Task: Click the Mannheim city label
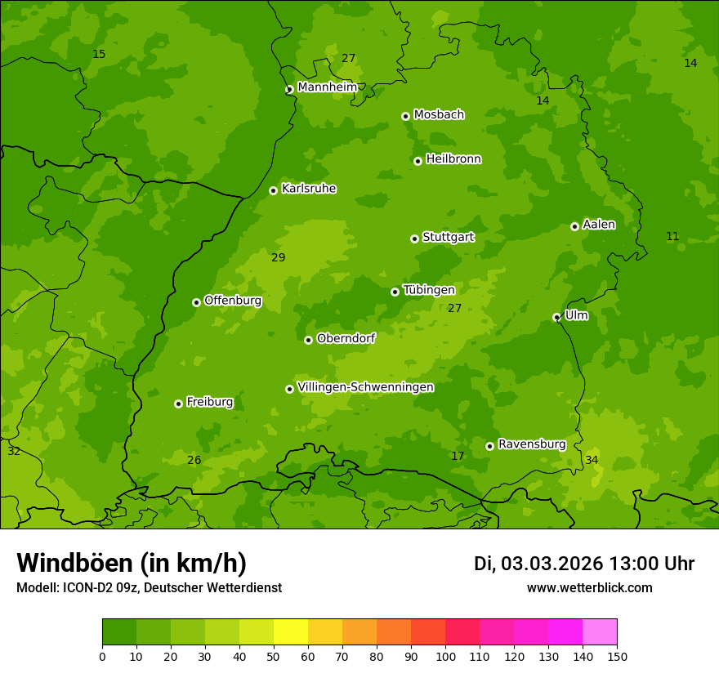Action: (327, 87)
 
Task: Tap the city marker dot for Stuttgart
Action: (414, 239)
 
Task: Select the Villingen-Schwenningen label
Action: (365, 387)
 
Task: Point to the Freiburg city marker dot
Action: (178, 404)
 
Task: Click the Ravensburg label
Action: (532, 444)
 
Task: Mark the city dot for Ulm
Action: (556, 317)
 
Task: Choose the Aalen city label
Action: (599, 225)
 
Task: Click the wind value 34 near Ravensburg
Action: (592, 461)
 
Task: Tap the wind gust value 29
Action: (279, 258)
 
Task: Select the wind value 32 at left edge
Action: (14, 452)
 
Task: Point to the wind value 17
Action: (458, 456)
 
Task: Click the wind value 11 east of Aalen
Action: (672, 237)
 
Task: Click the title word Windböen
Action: (75, 563)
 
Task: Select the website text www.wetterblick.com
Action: (589, 588)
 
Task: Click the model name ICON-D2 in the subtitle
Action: (90, 588)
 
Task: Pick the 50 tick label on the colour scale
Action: (274, 656)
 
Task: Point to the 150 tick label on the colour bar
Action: (617, 656)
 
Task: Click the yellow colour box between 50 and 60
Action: (291, 632)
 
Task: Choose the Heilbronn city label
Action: (453, 159)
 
